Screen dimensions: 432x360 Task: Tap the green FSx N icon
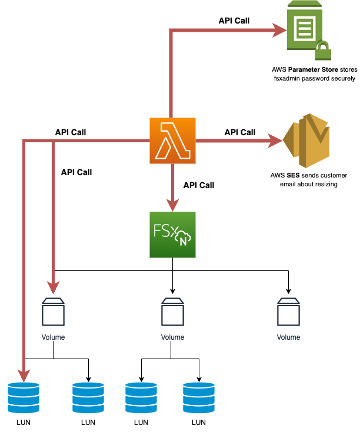172,235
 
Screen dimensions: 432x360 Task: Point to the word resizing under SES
328,184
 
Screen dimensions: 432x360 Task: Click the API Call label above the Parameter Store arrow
234,21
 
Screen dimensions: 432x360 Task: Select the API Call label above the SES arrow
240,132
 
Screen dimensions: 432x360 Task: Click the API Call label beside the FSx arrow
199,185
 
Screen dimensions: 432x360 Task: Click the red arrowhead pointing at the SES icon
275,140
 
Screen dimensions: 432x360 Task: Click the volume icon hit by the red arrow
54,312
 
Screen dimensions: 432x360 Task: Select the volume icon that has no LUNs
288,312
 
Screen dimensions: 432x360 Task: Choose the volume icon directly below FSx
172,312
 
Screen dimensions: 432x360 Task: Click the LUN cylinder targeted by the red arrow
24,397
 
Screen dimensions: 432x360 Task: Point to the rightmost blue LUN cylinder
199,397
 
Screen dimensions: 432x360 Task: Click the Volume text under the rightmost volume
288,337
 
